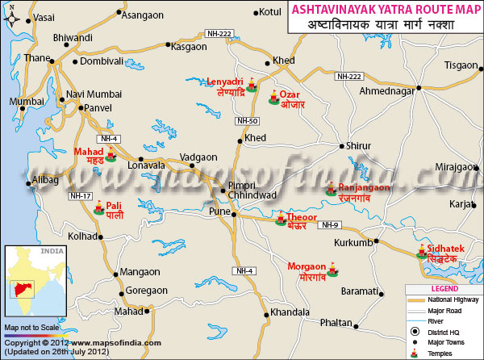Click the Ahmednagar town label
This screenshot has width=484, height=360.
[x=386, y=90]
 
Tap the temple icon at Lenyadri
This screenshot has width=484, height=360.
[x=252, y=82]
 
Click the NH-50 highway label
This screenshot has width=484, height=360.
[x=246, y=120]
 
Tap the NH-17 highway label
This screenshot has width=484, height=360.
[x=80, y=195]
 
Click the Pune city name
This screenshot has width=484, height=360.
[x=220, y=211]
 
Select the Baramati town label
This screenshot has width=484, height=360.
[x=360, y=290]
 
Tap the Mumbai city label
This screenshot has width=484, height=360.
[x=26, y=102]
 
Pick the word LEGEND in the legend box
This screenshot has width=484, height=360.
[x=444, y=288]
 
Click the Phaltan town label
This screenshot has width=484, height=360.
[x=336, y=322]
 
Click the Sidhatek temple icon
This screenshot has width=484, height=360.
[x=421, y=252]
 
